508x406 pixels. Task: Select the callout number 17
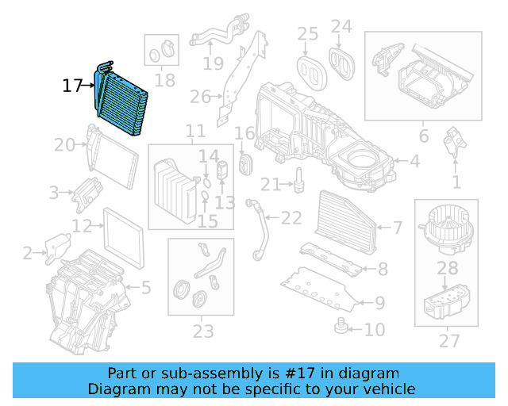pos(72,85)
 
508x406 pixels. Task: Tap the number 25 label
pos(307,34)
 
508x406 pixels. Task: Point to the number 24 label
pos(341,26)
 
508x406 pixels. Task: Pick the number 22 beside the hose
pos(291,218)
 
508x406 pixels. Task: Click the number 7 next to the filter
pos(397,228)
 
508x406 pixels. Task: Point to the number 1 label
pos(456,182)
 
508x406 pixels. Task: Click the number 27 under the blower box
pos(449,342)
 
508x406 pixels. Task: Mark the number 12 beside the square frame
pos(83,227)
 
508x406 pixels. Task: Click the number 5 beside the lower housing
pos(145,287)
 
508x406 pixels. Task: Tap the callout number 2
pos(28,254)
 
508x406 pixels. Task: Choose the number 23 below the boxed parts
pos(203,331)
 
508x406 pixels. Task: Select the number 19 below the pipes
pos(213,63)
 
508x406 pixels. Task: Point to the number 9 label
pos(379,302)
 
